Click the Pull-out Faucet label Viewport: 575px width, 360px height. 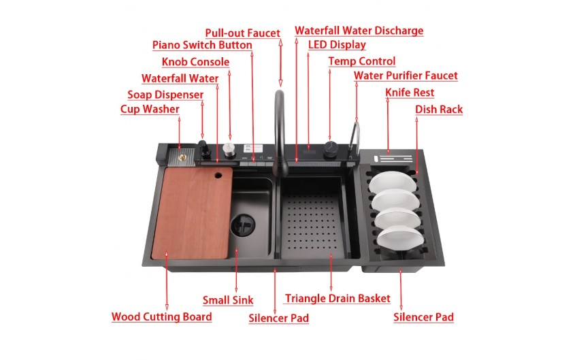click(242, 33)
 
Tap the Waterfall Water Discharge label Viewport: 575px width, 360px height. click(359, 31)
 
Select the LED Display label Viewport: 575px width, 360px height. click(337, 45)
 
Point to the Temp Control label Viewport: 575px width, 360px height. click(362, 61)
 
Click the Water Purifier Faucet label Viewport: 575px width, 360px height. click(406, 76)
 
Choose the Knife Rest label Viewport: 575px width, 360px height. click(410, 93)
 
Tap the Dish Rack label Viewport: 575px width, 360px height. click(439, 110)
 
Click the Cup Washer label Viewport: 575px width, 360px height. click(150, 110)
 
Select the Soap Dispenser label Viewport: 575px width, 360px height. click(165, 95)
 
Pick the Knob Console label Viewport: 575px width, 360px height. click(195, 62)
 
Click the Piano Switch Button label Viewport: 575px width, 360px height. click(202, 45)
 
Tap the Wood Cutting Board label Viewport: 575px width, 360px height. click(162, 316)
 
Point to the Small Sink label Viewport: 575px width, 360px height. click(228, 300)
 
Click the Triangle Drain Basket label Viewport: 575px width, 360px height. click(338, 298)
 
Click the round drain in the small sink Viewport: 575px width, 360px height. click(242, 225)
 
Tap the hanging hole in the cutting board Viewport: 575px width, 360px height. click(218, 175)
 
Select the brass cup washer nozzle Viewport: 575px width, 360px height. click(182, 158)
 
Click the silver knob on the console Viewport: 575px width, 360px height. click(229, 150)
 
